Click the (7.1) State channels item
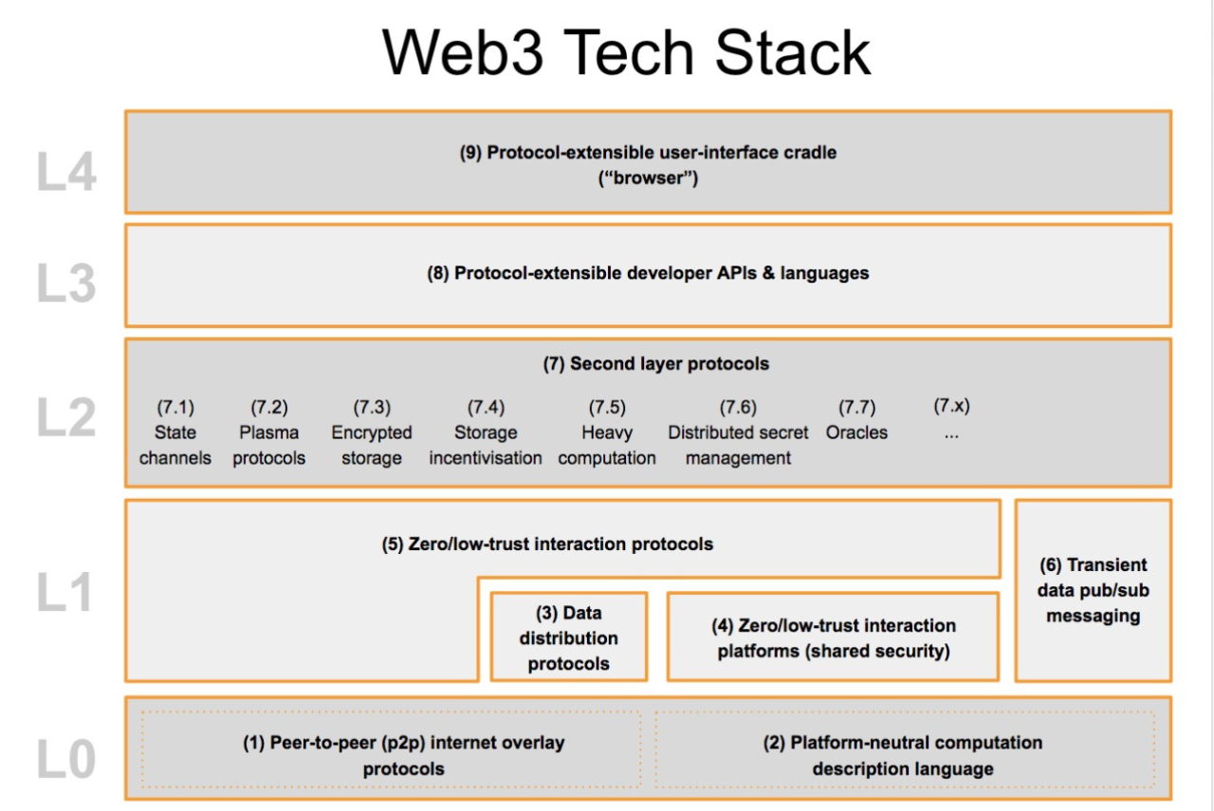tap(175, 433)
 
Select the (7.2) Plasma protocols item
tap(269, 433)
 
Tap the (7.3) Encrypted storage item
tap(372, 433)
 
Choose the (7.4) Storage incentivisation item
tap(486, 433)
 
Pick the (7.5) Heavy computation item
tap(607, 433)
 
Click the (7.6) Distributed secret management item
tap(738, 433)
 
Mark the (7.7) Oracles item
tap(856, 421)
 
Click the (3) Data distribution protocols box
tap(568, 637)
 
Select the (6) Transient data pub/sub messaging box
tap(1094, 590)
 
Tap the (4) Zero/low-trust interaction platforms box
tap(833, 637)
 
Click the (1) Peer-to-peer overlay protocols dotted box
tap(391, 755)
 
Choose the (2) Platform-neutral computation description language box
tap(903, 755)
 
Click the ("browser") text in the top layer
tap(648, 177)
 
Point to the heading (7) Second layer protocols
tap(656, 363)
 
